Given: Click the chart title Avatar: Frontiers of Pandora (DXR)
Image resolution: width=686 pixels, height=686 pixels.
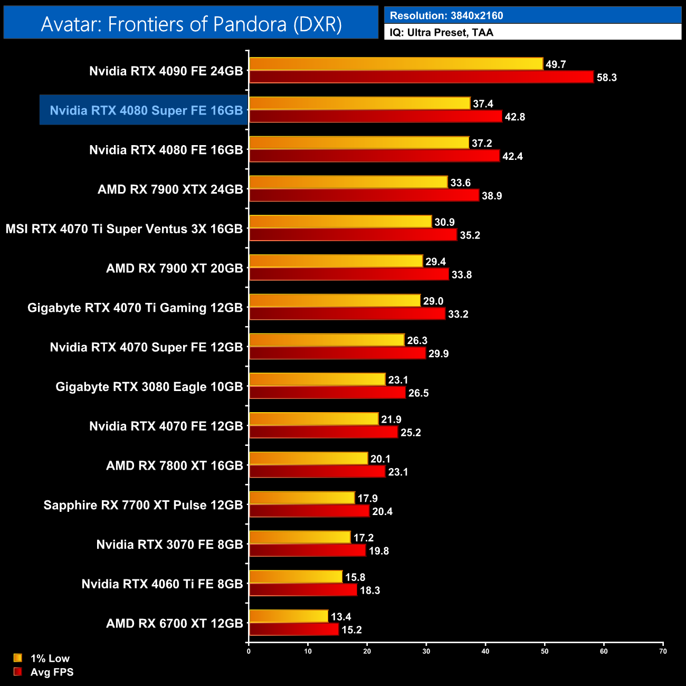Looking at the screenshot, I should (x=191, y=24).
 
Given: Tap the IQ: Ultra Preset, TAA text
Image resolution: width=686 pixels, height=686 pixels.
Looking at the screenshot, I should (x=442, y=33).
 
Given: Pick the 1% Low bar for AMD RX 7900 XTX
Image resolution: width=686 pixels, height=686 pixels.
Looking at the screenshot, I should (x=348, y=182).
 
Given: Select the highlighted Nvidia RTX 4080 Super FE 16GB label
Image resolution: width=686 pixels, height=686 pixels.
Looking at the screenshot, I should (x=146, y=110).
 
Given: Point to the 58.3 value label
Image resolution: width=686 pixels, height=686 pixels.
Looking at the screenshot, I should (x=606, y=78).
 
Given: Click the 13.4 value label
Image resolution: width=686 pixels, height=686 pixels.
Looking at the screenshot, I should (x=341, y=617).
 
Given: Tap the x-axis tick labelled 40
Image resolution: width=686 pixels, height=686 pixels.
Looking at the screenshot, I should (x=485, y=651).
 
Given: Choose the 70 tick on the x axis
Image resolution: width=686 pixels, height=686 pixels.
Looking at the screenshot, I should (x=663, y=651).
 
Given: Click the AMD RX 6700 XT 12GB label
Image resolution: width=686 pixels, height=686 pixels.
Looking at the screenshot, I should (x=175, y=624).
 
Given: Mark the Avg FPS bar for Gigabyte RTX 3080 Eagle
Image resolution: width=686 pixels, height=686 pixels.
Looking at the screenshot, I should (x=327, y=393).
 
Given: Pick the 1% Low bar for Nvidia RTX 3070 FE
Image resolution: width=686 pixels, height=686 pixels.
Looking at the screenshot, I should (x=300, y=537).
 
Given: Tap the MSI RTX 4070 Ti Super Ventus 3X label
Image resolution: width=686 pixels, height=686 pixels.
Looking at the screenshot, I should (x=124, y=229).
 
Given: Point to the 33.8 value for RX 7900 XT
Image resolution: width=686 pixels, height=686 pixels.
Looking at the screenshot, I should (x=462, y=274).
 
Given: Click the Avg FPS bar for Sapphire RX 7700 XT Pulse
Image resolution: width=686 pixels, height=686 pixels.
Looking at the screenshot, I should (x=309, y=511).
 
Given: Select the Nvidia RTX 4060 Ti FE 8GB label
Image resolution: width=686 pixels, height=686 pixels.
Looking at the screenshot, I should (x=162, y=584).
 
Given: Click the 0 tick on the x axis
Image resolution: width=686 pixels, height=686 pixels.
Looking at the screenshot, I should (x=249, y=651).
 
